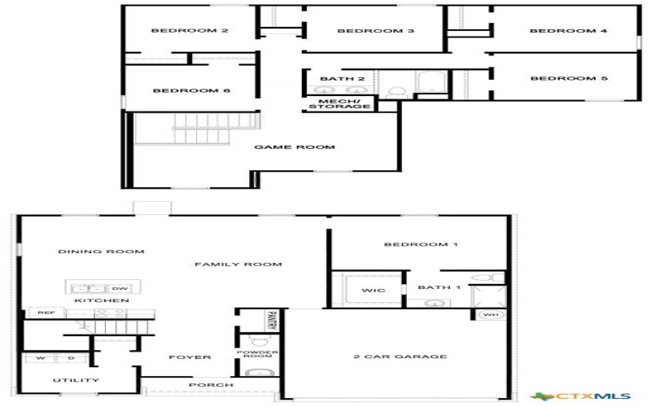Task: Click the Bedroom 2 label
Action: [x=190, y=31]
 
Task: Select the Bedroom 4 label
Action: [x=568, y=31]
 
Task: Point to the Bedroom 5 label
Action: [x=569, y=78]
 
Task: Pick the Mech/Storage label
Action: [x=339, y=103]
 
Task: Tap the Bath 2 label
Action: [x=336, y=79]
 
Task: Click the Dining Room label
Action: [x=101, y=252]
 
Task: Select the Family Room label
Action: [x=238, y=264]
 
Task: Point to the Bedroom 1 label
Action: [x=416, y=244]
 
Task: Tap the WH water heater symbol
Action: [x=490, y=314]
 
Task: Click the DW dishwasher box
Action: [x=120, y=288]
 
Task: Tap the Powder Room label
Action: [x=258, y=356]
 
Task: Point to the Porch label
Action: [x=211, y=384]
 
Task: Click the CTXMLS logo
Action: [x=592, y=396]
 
